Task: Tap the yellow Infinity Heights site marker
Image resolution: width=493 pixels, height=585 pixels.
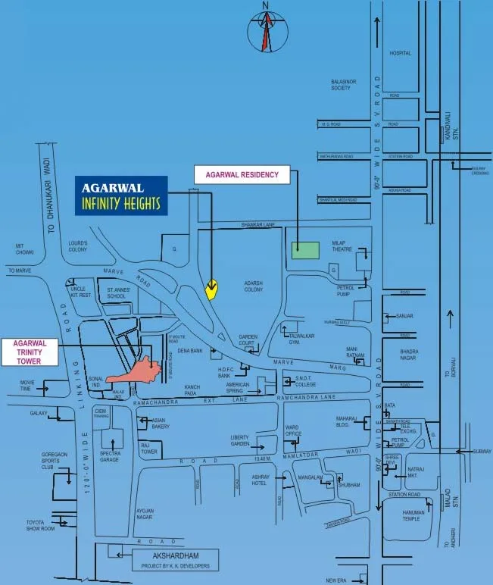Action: (x=212, y=289)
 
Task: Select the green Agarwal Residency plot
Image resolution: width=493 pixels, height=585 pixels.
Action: (x=306, y=249)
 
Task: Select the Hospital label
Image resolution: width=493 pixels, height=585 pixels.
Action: (x=400, y=54)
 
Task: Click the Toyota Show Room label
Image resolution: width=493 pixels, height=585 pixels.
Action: (x=39, y=526)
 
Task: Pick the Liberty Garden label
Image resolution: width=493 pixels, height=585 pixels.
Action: (x=240, y=440)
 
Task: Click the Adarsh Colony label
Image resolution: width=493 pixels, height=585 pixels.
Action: (x=253, y=285)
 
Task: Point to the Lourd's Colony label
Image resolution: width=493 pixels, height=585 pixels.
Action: (x=78, y=246)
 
